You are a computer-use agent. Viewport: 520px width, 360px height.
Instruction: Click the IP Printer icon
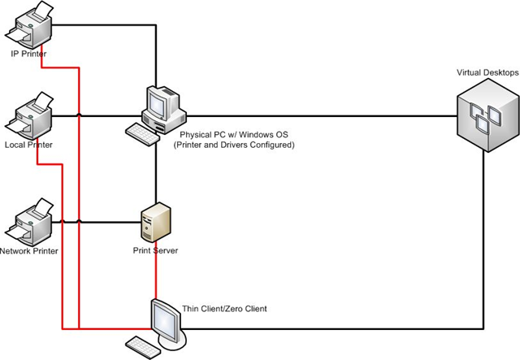[x=28, y=24]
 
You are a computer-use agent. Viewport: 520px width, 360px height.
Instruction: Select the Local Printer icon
[x=28, y=115]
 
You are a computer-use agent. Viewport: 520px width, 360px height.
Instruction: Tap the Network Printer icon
[x=28, y=222]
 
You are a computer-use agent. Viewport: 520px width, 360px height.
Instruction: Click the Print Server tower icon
[x=156, y=222]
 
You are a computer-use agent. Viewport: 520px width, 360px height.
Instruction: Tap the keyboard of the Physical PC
[x=143, y=134]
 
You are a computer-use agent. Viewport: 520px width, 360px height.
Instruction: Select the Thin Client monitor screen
[x=165, y=321]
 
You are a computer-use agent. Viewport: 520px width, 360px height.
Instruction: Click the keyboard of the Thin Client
[x=143, y=347]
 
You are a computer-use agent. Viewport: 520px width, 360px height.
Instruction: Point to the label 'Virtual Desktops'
[x=487, y=72]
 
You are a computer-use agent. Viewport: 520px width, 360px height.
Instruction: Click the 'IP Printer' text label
[x=28, y=54]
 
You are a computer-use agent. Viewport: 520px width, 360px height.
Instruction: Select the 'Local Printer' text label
[x=28, y=145]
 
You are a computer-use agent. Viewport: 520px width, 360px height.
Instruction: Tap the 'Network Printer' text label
[x=29, y=251]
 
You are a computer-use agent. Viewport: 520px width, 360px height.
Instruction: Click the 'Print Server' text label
[x=155, y=250]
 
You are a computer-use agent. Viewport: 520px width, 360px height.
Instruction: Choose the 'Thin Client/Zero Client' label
[x=224, y=309]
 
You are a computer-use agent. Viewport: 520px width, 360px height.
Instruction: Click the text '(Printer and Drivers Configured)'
[x=234, y=145]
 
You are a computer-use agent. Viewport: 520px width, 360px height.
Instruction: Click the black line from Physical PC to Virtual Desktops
[x=322, y=115]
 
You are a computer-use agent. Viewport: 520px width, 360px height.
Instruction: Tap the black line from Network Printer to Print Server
[x=97, y=222]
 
